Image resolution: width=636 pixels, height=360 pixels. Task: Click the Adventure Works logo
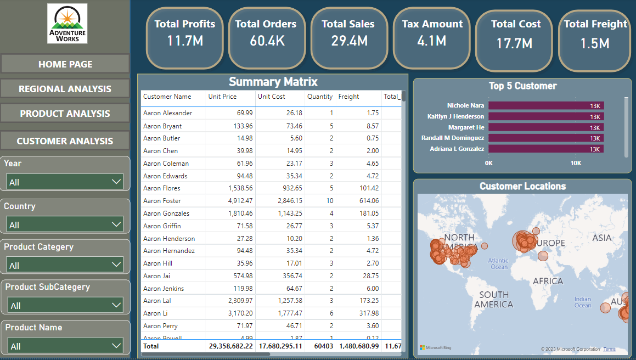point(67,24)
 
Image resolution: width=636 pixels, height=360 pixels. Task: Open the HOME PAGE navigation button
point(65,64)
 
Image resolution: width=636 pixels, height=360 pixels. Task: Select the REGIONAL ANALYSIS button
point(65,89)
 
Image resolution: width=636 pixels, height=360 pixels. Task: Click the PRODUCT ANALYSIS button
point(65,114)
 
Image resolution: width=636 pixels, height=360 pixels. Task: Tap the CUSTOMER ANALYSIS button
point(65,141)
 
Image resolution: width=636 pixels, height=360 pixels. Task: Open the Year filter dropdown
point(65,182)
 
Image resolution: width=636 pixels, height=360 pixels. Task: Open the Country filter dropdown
point(65,224)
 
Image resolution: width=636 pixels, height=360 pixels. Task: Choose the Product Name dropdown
point(65,346)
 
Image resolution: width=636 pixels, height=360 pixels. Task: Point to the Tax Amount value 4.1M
point(432,40)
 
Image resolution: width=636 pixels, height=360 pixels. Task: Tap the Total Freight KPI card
point(595,38)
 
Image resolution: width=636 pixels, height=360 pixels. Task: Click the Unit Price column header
point(222,97)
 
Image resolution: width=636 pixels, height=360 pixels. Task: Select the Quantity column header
point(319,97)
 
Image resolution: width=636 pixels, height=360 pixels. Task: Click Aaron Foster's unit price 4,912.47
point(237,201)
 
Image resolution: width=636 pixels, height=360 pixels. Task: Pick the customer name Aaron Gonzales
point(166,213)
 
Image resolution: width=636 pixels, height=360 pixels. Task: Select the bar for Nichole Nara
point(545,106)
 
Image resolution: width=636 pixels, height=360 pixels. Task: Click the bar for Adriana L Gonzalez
point(545,149)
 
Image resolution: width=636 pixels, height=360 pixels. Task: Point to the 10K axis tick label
point(576,163)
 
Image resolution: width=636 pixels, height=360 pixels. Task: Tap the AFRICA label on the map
point(548,281)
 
